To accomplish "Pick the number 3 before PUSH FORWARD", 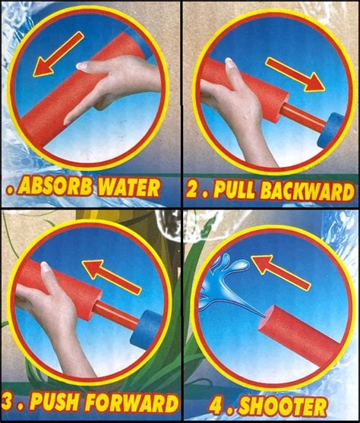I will point(9,402).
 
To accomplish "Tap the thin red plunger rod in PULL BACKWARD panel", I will point(303,118).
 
